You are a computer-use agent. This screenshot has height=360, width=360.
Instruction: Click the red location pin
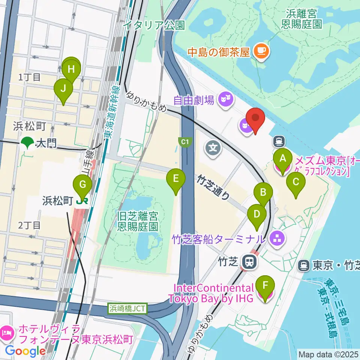pos(255,120)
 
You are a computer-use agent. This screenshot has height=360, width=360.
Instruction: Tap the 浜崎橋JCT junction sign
pos(128,309)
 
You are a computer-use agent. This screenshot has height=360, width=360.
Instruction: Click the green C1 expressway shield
pos(184,141)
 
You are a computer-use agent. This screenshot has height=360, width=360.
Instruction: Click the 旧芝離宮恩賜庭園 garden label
pos(137,221)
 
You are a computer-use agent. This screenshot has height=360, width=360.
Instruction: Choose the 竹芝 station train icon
pos(249,261)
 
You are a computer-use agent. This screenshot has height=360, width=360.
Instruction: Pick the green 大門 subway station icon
pos(27,142)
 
